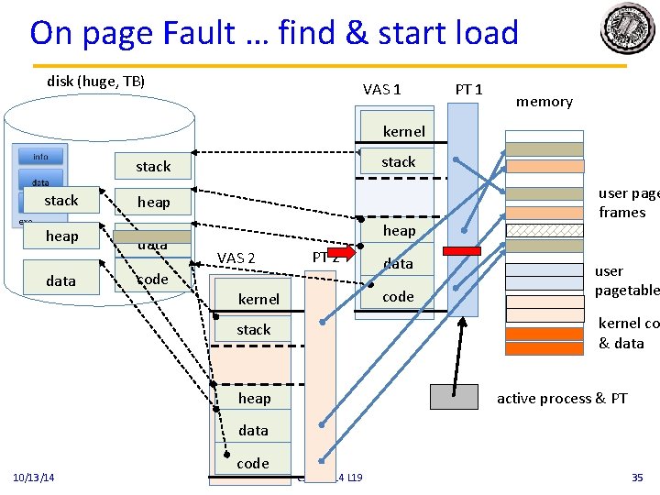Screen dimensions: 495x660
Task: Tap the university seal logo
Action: [629, 29]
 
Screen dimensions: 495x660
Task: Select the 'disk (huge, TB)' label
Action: [95, 82]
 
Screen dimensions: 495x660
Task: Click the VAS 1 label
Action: [381, 89]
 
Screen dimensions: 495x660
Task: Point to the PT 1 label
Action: [468, 89]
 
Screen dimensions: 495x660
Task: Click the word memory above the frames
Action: [544, 102]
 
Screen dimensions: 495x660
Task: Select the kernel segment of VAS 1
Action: [403, 131]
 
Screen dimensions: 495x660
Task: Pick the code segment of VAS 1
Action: [398, 296]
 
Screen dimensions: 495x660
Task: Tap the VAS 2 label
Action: [236, 258]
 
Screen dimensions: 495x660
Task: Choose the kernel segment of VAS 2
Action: [258, 299]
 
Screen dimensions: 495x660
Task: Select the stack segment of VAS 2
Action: [254, 329]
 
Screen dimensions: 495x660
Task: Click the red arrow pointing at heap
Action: [341, 250]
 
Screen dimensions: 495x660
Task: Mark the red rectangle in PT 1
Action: [461, 250]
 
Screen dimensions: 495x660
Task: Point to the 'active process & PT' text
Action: [562, 398]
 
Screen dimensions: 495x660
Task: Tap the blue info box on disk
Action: [40, 157]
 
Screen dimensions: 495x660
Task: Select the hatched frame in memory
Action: [544, 230]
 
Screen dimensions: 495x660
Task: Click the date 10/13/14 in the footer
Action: [34, 478]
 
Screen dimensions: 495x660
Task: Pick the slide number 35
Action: [637, 478]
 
